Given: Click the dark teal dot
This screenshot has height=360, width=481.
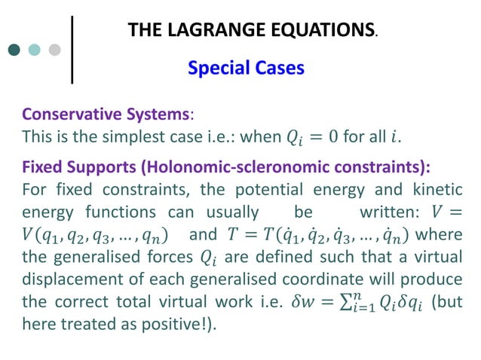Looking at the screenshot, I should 15,50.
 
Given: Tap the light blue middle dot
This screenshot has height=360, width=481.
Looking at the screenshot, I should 34,50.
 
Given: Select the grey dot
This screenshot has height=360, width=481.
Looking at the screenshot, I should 54,50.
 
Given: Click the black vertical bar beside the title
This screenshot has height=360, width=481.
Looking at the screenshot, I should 72,48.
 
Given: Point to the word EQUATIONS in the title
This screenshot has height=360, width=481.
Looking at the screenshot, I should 316,30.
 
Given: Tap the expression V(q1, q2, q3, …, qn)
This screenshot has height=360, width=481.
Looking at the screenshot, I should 95,234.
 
